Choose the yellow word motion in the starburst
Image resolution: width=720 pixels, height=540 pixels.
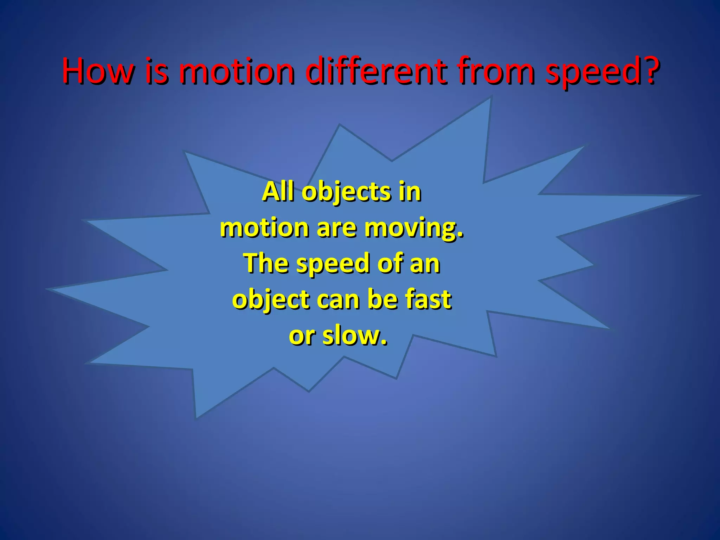tap(264, 228)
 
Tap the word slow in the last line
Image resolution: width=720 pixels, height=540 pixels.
tap(354, 335)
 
